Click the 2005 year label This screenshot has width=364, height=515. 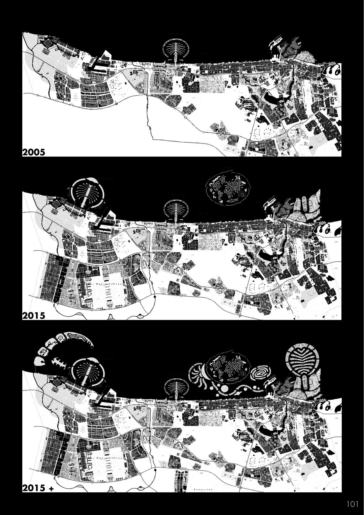coord(34,152)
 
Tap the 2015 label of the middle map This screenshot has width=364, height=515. coord(34,316)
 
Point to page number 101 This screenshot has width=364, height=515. coord(352,504)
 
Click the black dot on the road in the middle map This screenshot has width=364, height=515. coord(155,297)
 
